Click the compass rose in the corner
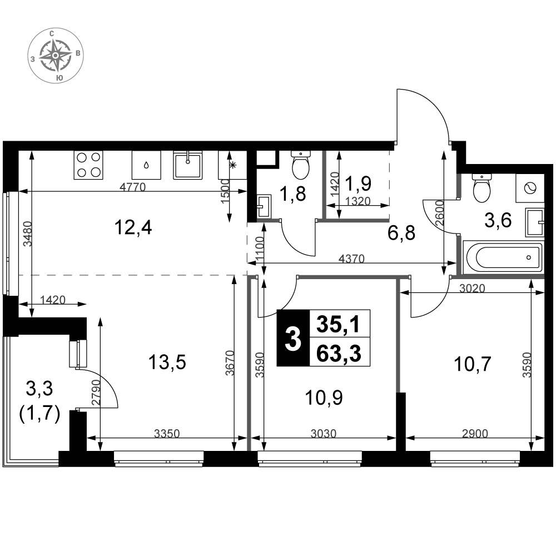pyautogui.click(x=56, y=56)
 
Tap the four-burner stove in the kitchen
pyautogui.click(x=88, y=165)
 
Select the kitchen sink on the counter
pyautogui.click(x=187, y=165)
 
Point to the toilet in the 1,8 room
pyautogui.click(x=301, y=165)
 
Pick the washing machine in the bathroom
pyautogui.click(x=530, y=188)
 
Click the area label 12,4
pyautogui.click(x=133, y=227)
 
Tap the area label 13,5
pyautogui.click(x=167, y=363)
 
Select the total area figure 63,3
pyautogui.click(x=339, y=353)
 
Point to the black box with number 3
pyautogui.click(x=293, y=338)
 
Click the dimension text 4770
pyautogui.click(x=133, y=187)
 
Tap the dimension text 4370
pyautogui.click(x=351, y=259)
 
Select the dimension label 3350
pyautogui.click(x=167, y=433)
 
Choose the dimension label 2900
pyautogui.click(x=475, y=433)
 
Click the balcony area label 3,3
pyautogui.click(x=39, y=389)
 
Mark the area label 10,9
pyautogui.click(x=324, y=398)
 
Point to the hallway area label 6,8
pyautogui.click(x=401, y=234)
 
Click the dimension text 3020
pyautogui.click(x=472, y=288)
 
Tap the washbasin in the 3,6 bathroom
pyautogui.click(x=534, y=222)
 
